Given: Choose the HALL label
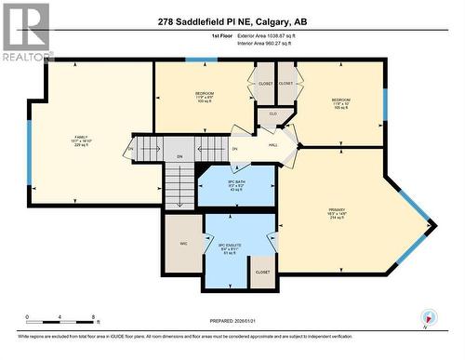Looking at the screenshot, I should pos(273,144).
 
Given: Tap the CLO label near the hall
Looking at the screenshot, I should pos(273,113).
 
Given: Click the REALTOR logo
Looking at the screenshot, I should pos(26,33).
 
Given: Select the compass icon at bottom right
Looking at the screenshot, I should pos(429,317).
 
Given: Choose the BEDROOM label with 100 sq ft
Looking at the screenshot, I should pos(205,96).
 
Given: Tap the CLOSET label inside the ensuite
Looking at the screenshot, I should pos(262,272).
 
